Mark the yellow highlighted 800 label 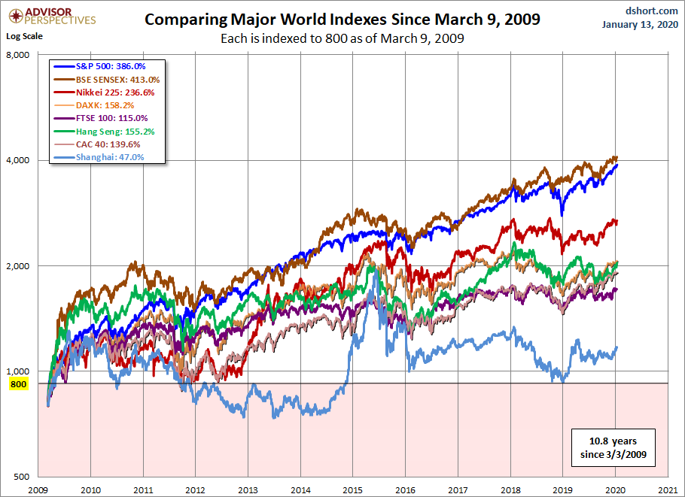(18, 384)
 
